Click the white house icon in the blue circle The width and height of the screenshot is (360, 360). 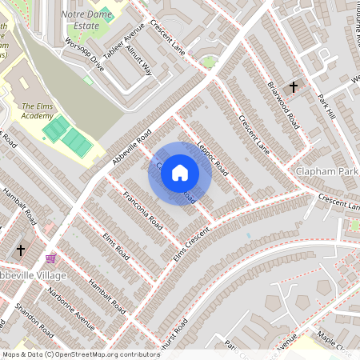[180, 173]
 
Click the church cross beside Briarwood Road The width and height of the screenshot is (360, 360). [294, 86]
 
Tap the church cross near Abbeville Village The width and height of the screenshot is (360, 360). [20, 250]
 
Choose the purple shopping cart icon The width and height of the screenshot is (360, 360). [51, 258]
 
